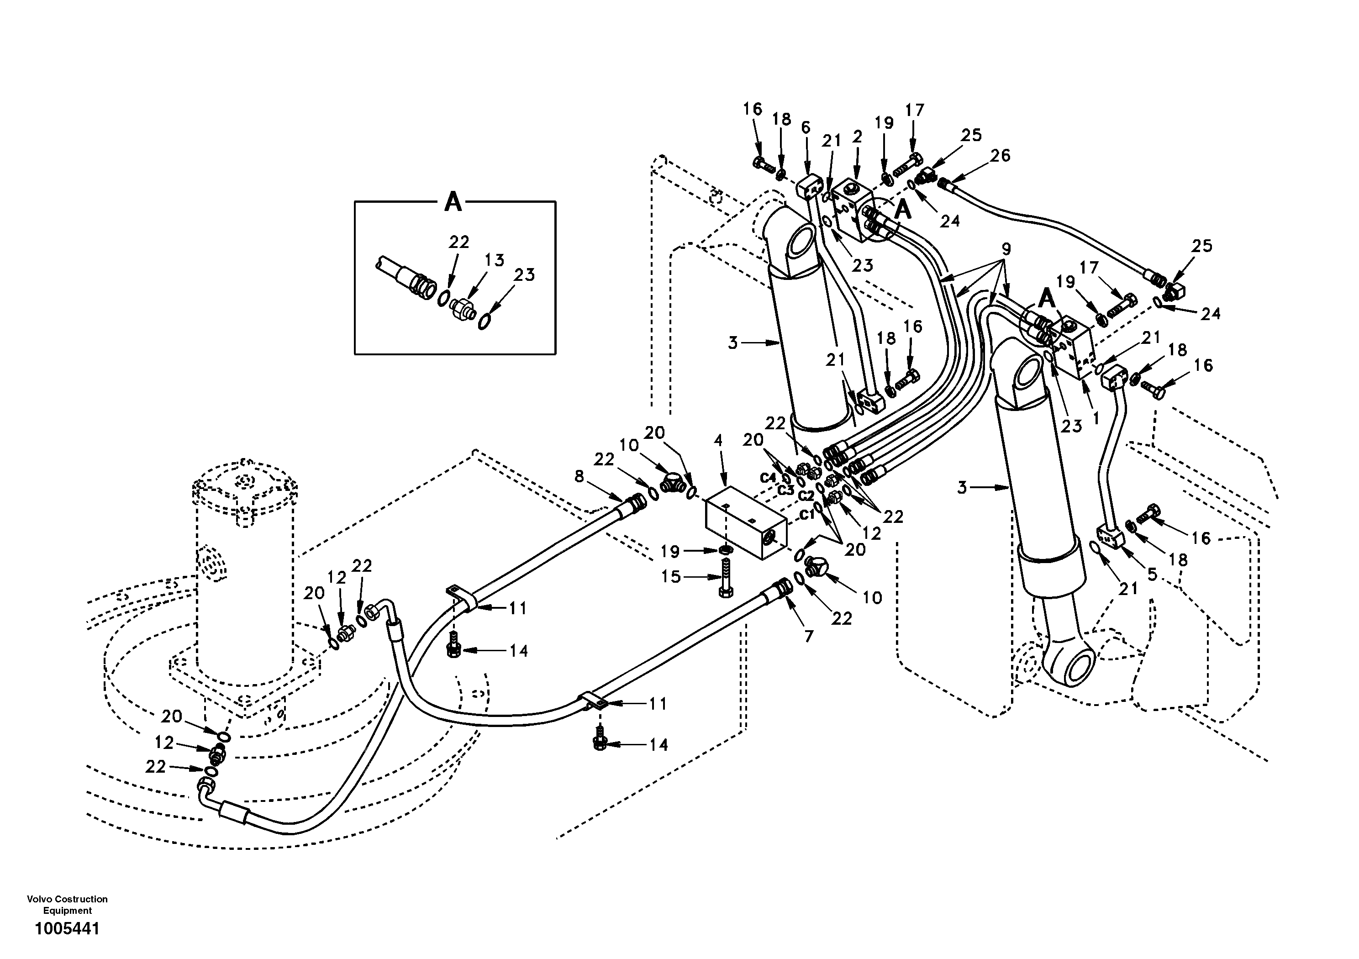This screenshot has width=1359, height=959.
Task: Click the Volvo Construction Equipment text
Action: (x=67, y=905)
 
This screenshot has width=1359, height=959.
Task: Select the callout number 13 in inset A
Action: (x=494, y=260)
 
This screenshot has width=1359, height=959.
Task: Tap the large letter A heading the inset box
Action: (x=453, y=202)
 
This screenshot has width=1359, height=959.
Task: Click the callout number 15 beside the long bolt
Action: (x=671, y=577)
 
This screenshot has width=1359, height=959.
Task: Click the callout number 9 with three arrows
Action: (x=1006, y=249)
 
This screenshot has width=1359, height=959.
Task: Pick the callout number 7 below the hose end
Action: (x=809, y=637)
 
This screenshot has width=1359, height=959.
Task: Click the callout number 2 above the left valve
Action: (x=857, y=137)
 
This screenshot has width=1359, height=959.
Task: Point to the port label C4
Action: (x=768, y=478)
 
